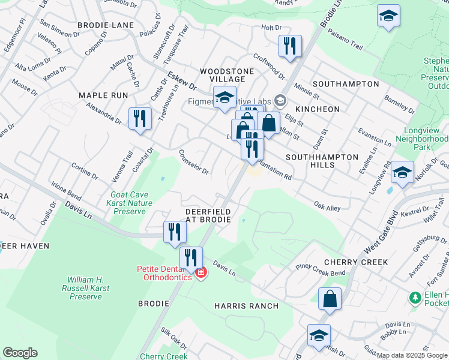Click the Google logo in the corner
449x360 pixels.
point(20,353)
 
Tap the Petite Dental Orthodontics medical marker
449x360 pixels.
point(201,274)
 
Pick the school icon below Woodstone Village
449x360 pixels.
point(224,98)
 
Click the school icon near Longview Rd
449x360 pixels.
point(402,173)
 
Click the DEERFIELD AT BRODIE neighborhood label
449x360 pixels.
point(208,216)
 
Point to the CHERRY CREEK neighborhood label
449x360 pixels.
point(355,262)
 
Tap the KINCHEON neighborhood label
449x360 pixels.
point(318,109)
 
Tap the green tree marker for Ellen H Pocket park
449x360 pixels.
point(414,298)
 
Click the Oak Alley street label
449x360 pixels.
point(327,208)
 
